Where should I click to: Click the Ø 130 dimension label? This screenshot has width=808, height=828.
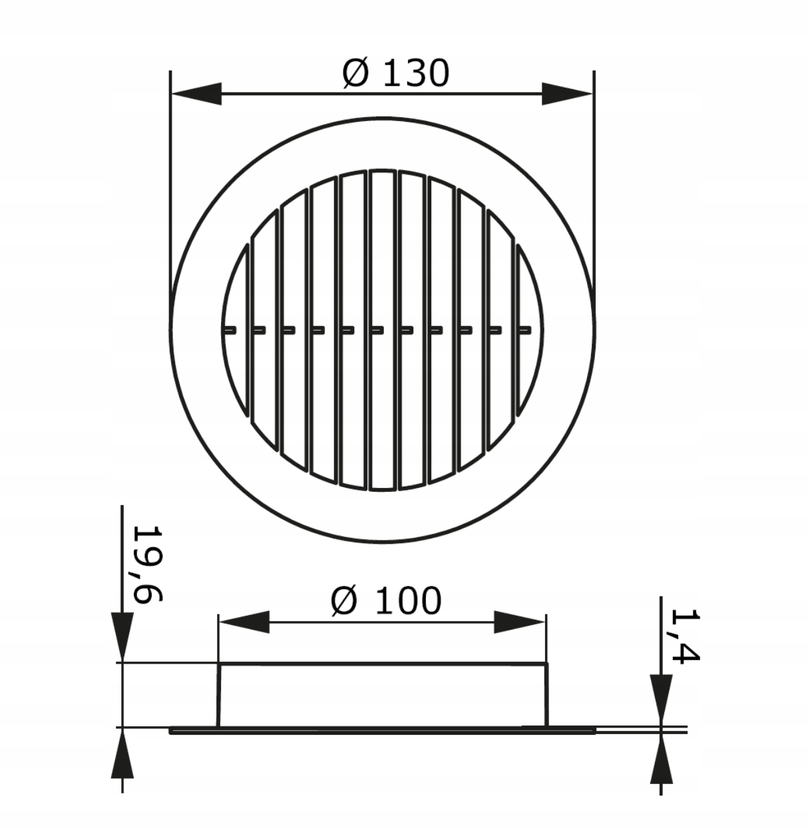click(x=396, y=73)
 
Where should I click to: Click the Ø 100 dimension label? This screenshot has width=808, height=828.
click(x=386, y=601)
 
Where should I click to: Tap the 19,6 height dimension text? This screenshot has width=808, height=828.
click(x=148, y=564)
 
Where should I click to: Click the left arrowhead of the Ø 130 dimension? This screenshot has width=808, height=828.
click(x=196, y=94)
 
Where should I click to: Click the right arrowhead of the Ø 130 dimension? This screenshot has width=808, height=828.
click(x=567, y=94)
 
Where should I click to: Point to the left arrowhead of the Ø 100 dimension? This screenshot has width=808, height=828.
click(x=244, y=622)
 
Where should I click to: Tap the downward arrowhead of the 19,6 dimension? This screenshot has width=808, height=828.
click(x=122, y=638)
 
